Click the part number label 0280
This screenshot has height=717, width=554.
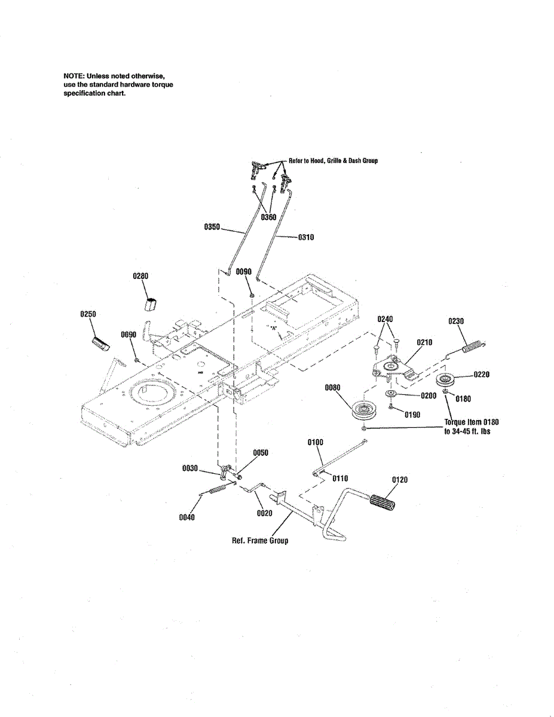pyautogui.click(x=140, y=276)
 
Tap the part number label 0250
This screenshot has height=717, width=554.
pyautogui.click(x=88, y=314)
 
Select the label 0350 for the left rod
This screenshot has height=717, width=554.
pyautogui.click(x=212, y=227)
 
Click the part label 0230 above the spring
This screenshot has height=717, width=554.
pyautogui.click(x=456, y=321)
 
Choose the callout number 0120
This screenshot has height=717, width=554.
pyautogui.click(x=400, y=480)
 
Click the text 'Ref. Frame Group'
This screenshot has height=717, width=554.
pyautogui.click(x=260, y=541)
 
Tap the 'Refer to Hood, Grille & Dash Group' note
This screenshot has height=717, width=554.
pyautogui.click(x=333, y=161)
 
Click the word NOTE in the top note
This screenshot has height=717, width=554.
pyautogui.click(x=74, y=76)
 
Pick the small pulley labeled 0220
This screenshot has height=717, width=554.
pyautogui.click(x=446, y=380)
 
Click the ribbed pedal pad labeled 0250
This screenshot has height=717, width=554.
pyautogui.click(x=101, y=344)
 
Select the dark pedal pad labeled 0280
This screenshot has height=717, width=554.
pyautogui.click(x=150, y=302)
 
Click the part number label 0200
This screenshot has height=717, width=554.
pyautogui.click(x=428, y=396)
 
